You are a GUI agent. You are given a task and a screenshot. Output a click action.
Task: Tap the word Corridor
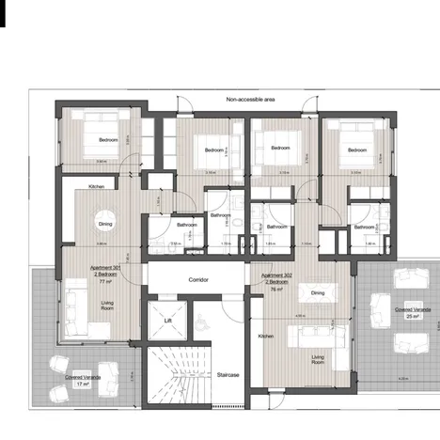click(198, 280)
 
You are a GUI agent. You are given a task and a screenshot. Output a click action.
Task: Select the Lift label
click(167, 321)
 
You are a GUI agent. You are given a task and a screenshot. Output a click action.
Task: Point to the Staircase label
click(227, 374)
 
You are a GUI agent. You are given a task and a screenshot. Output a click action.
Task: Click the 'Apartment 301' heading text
click(106, 267)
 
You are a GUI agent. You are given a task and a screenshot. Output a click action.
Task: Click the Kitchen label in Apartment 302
click(266, 336)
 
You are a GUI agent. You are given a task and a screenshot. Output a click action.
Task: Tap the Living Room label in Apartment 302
click(319, 359)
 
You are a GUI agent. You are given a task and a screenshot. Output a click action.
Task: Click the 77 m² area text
click(106, 280)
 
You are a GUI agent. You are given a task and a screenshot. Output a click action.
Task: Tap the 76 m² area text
click(276, 290)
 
